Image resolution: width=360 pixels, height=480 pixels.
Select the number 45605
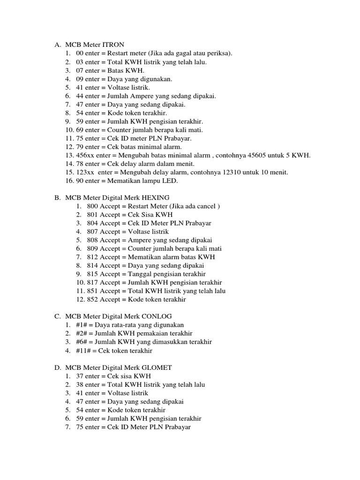coord(257,155)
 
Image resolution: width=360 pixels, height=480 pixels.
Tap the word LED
coord(170,180)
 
